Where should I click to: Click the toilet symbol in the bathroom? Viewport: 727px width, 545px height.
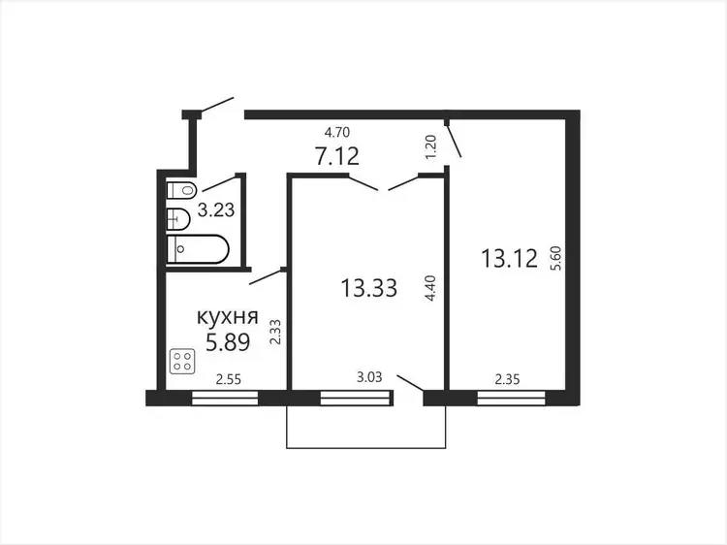click(182, 190)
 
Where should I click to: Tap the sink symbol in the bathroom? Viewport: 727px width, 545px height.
click(178, 218)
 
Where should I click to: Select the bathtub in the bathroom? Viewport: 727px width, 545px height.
click(198, 249)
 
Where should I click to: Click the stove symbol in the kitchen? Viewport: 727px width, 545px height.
click(182, 362)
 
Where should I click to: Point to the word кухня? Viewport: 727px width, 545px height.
click(228, 318)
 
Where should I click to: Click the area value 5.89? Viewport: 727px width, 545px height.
click(228, 342)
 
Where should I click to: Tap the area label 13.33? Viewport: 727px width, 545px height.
click(369, 288)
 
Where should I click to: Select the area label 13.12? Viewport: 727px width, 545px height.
click(510, 258)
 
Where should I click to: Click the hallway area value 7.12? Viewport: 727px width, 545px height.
click(337, 156)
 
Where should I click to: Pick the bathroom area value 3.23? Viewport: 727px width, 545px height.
click(216, 209)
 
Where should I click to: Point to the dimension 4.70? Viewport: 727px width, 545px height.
click(337, 133)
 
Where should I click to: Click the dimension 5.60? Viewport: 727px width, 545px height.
click(556, 258)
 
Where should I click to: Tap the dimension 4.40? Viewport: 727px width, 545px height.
click(429, 289)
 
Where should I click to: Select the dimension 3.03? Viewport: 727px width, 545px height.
click(369, 377)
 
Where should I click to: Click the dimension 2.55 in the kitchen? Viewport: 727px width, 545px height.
click(229, 380)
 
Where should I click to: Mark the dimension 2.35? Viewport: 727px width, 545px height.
click(507, 380)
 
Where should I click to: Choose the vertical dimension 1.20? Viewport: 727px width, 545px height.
click(430, 147)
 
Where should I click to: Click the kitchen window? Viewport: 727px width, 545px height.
click(225, 399)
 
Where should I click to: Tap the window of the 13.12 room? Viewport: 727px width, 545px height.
click(512, 399)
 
